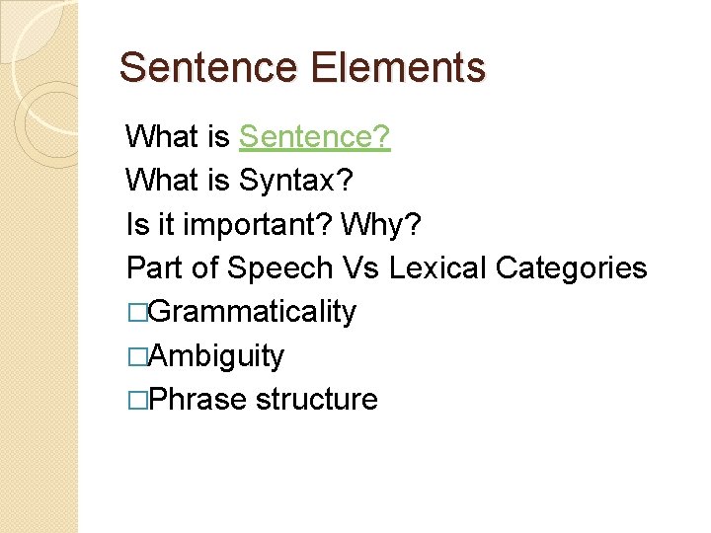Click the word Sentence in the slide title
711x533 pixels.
point(207,67)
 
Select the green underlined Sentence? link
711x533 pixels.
point(315,136)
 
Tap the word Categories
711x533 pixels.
point(572,267)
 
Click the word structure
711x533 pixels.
point(316,400)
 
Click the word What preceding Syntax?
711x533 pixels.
point(161,180)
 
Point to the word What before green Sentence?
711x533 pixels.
point(161,136)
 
